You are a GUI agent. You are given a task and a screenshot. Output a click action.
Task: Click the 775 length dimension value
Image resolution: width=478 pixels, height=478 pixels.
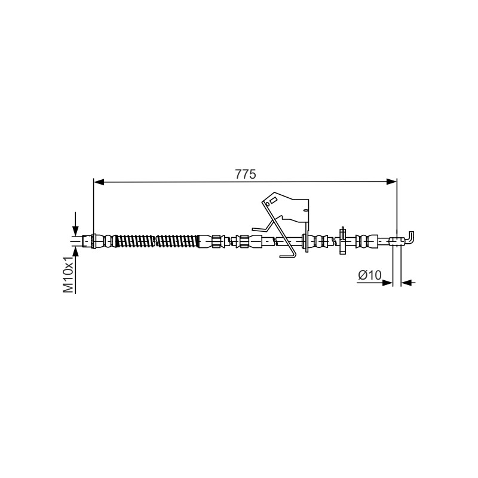point(246,174)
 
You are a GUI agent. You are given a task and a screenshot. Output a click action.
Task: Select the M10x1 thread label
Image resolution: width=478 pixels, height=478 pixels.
point(69,274)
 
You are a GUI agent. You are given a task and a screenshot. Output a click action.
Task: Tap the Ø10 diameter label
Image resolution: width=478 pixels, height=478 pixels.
point(370,275)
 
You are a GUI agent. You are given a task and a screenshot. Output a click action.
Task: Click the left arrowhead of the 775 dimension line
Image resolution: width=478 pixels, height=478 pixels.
point(99,182)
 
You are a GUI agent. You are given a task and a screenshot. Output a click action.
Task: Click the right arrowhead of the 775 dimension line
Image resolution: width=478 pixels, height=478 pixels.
point(391,182)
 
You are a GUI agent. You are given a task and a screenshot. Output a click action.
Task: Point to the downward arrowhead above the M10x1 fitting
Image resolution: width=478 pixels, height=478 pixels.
point(75,229)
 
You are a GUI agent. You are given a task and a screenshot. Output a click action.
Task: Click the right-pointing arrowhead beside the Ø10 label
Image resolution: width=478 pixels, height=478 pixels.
point(387,283)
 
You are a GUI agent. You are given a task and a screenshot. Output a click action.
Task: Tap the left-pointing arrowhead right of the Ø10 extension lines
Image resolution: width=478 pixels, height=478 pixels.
point(406,283)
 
